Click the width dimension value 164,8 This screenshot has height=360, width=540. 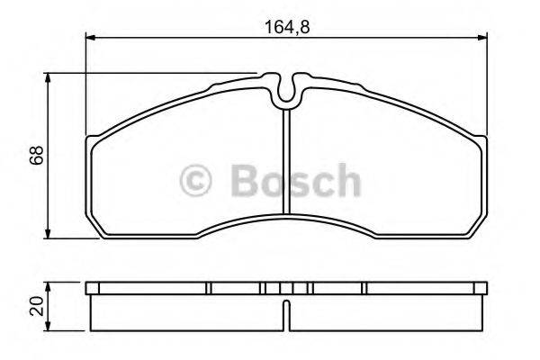pos(285,26)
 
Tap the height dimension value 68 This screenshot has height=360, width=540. pos(36,156)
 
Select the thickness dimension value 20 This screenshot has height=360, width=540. pos(36,309)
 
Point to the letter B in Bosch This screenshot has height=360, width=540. pos(246,181)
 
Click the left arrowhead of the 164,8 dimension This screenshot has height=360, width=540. pos(90,37)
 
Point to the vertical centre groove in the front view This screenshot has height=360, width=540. pos(285,171)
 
